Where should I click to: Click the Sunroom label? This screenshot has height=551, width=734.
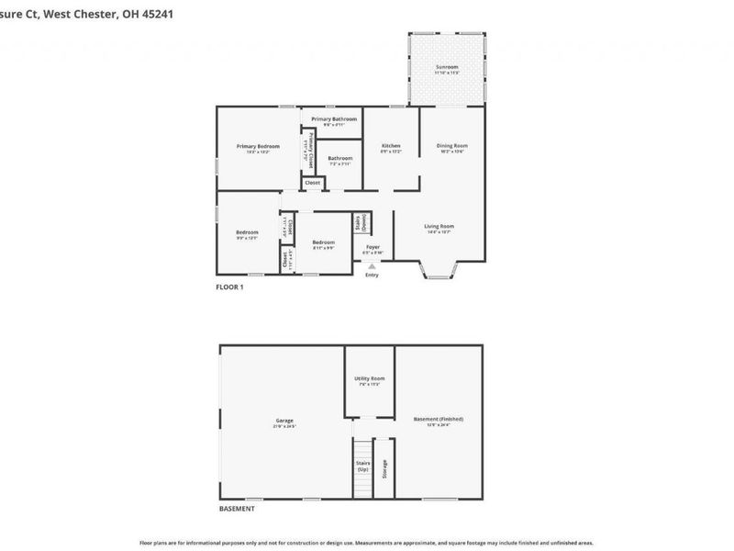[x=446, y=67]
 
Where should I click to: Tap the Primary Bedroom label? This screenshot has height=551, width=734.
[x=257, y=146]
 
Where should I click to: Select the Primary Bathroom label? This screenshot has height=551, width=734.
[x=333, y=119]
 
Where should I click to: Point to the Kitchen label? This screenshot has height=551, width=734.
[x=392, y=146]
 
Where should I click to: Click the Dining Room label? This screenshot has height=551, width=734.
[x=451, y=146]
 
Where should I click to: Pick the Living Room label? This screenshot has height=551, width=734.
[x=439, y=226]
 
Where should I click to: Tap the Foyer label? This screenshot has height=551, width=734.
[x=373, y=247]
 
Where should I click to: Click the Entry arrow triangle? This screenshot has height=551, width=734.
[x=372, y=266]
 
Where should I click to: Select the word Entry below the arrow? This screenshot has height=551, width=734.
[x=372, y=275]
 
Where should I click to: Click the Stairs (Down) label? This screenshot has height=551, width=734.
[x=361, y=223]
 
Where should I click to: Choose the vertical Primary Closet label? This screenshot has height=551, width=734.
[x=311, y=149]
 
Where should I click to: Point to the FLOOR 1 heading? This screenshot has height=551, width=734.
[x=229, y=287]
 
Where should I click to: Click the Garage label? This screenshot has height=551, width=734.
[x=284, y=421]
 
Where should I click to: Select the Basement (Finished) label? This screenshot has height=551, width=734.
[x=438, y=419]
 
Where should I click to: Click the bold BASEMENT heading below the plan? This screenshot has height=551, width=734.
[x=237, y=509]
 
